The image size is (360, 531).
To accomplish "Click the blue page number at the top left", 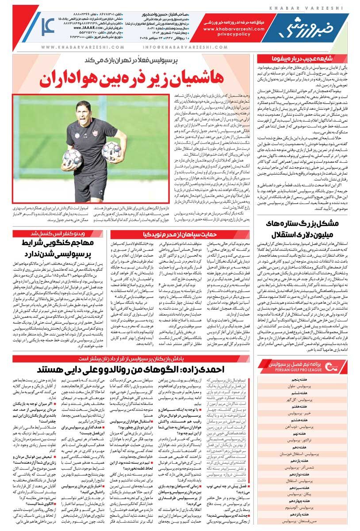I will [x=47, y=27].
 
